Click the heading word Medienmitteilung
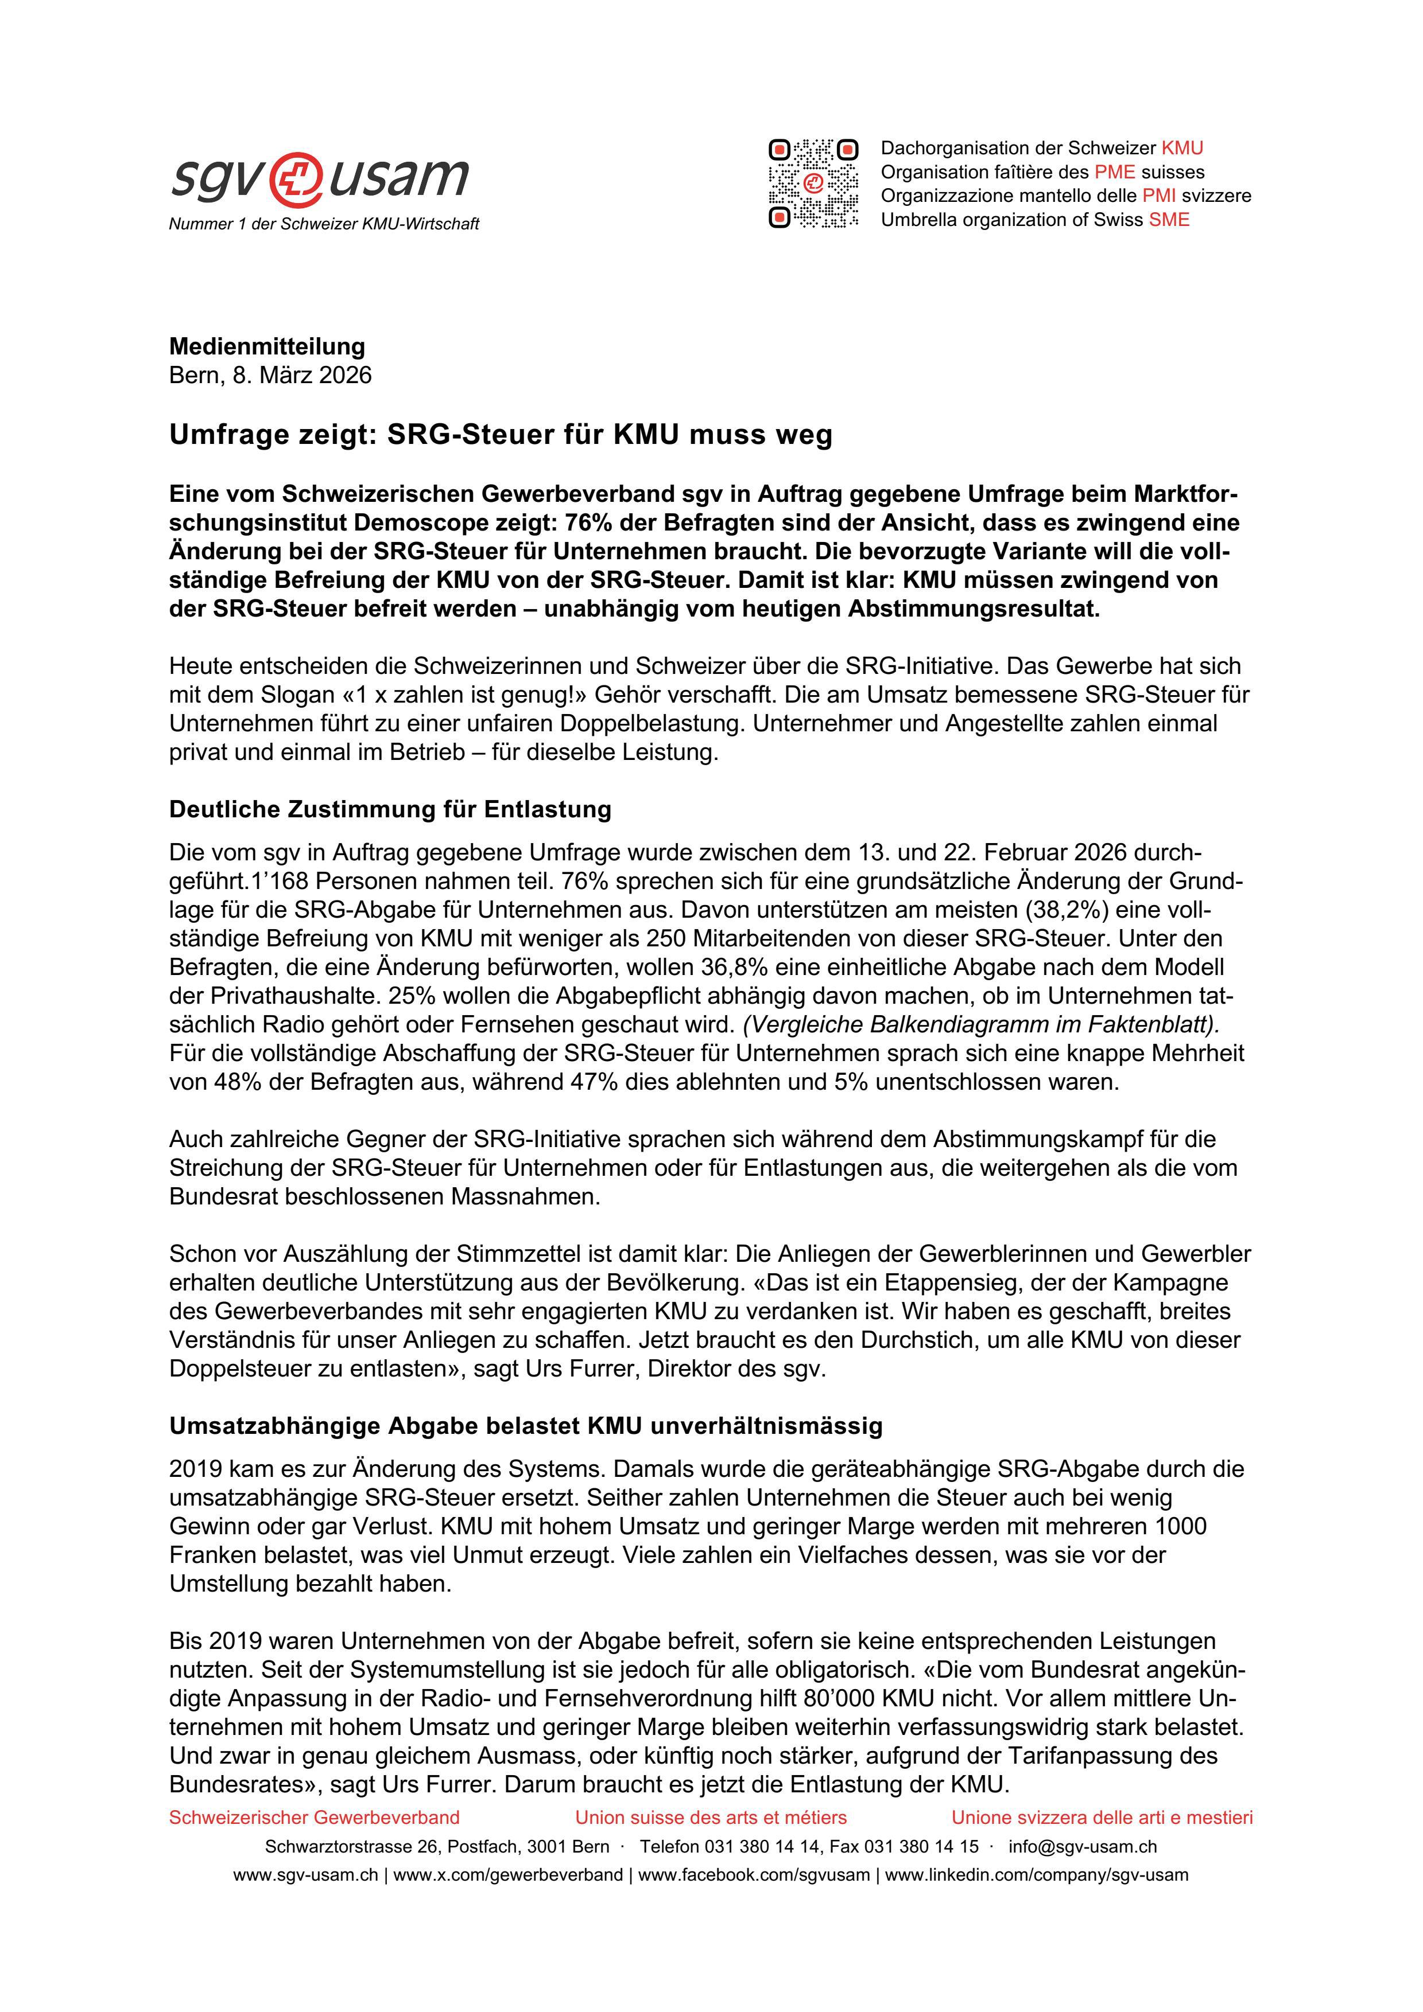click(x=266, y=346)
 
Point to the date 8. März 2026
click(x=301, y=375)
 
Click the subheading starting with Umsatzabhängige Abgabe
click(x=525, y=1426)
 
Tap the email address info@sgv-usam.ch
click(x=1082, y=1846)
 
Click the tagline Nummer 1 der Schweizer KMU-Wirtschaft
click(x=324, y=224)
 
